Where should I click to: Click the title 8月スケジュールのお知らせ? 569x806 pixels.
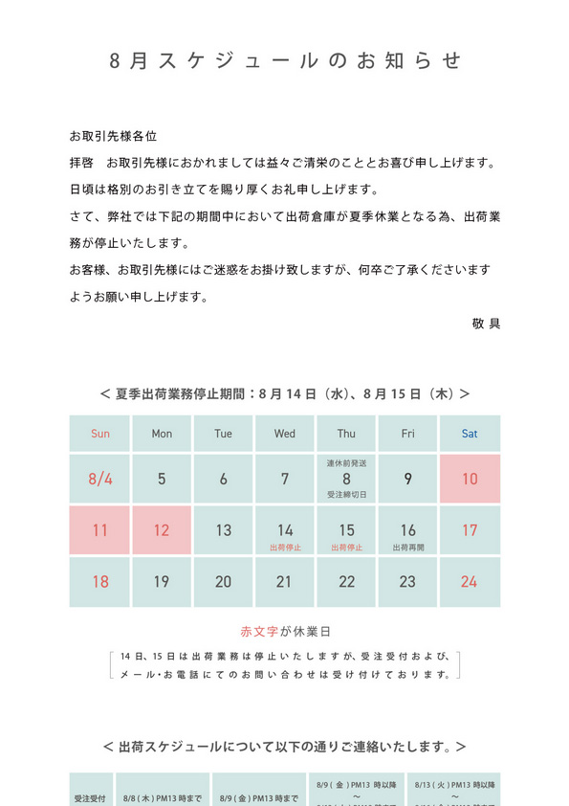tap(284, 61)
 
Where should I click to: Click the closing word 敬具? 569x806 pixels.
tap(486, 323)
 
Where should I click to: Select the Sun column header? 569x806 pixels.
tap(100, 434)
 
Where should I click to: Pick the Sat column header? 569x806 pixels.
tap(470, 434)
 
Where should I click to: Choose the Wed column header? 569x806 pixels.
tap(285, 434)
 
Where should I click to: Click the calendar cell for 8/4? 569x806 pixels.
tap(100, 479)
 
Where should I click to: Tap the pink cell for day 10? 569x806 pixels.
tap(470, 479)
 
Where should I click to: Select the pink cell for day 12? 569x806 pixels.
tap(162, 529)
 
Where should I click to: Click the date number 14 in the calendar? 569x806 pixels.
tap(285, 529)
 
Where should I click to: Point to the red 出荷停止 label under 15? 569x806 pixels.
tap(346, 548)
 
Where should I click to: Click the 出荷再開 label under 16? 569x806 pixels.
tap(408, 548)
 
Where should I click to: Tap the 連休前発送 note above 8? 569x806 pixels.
tap(346, 463)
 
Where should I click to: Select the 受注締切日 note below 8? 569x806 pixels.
tap(346, 495)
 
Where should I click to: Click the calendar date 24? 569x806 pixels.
tap(470, 581)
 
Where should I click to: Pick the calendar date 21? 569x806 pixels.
tap(285, 581)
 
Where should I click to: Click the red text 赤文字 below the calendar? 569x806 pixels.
tap(257, 632)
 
